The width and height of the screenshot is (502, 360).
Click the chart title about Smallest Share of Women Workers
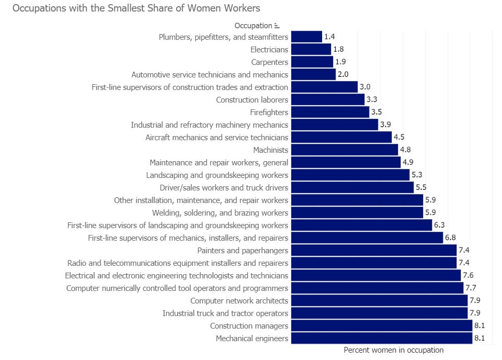click(136, 8)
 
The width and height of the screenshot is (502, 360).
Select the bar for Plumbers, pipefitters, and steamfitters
click(306, 37)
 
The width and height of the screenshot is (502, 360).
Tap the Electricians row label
click(269, 49)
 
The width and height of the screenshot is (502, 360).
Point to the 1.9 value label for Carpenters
click(340, 62)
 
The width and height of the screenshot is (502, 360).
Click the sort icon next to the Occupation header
click(277, 26)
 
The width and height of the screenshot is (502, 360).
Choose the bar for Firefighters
click(330, 112)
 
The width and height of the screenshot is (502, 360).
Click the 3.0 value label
click(365, 87)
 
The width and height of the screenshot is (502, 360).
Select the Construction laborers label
click(252, 99)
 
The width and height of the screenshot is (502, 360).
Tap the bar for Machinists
click(345, 150)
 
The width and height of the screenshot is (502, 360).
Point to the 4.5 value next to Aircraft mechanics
click(399, 137)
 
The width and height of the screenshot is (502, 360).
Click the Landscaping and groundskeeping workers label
click(217, 175)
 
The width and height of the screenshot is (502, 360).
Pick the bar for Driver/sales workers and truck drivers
click(352, 187)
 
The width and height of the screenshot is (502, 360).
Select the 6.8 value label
click(450, 238)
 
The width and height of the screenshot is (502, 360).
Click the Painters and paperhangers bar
click(373, 250)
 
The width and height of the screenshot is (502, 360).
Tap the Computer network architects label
click(239, 300)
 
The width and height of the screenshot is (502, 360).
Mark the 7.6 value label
click(468, 275)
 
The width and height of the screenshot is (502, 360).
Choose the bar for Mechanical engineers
click(381, 338)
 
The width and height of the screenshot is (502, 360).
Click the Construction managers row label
click(249, 325)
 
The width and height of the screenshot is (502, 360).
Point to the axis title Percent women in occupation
click(393, 350)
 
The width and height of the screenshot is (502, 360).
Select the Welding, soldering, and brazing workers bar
click(357, 212)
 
